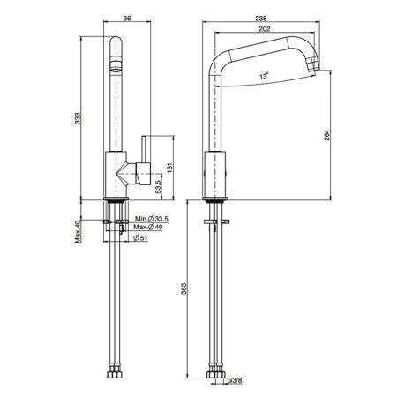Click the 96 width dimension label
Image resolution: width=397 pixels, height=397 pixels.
pyautogui.click(x=127, y=19)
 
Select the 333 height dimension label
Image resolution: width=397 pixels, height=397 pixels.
pyautogui.click(x=77, y=118)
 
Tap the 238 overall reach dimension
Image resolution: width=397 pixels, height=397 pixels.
pyautogui.click(x=261, y=19)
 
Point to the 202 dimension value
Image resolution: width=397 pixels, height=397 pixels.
pyautogui.click(x=265, y=29)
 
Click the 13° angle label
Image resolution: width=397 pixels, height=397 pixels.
pyautogui.click(x=264, y=77)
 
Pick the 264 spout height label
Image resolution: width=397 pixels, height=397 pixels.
pyautogui.click(x=327, y=135)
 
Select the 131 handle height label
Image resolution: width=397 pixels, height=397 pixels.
pyautogui.click(x=170, y=168)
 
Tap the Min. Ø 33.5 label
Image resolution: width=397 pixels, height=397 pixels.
pyautogui.click(x=152, y=219)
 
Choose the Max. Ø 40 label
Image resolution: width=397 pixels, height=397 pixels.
pyautogui.click(x=148, y=227)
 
